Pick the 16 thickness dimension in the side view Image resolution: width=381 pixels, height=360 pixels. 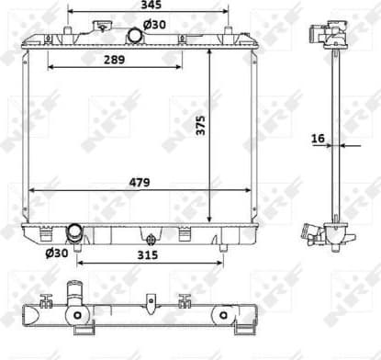click(x=319, y=138)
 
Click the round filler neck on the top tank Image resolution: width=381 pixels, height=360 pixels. click(x=135, y=35)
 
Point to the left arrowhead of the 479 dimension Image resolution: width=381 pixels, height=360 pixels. click(x=32, y=190)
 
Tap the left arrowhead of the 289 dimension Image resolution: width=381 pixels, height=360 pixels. click(x=50, y=67)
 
